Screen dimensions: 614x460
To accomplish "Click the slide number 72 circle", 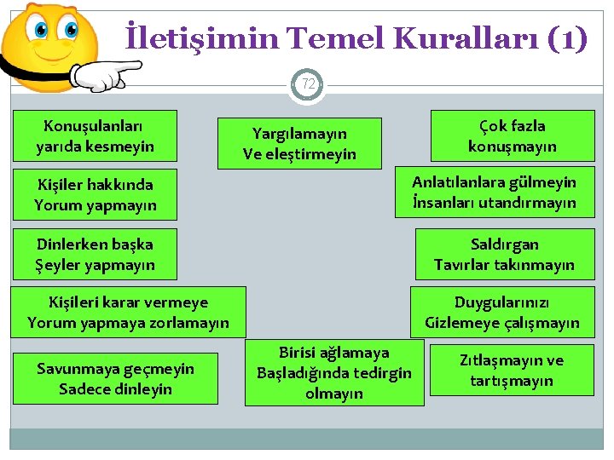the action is [308, 84].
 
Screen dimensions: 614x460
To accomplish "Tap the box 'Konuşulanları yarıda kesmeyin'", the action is [96, 136].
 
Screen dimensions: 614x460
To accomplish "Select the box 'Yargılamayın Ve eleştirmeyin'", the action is [300, 143].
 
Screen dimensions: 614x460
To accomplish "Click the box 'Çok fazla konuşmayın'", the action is [512, 135].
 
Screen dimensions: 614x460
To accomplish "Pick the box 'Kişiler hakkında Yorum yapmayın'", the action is [96, 194].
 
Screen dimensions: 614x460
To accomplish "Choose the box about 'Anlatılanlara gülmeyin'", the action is [494, 193].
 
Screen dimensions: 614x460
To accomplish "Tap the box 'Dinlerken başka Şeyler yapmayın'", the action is [96, 254].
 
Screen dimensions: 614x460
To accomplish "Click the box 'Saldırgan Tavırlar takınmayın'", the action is [504, 254].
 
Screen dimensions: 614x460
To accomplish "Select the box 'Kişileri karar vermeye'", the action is [128, 312].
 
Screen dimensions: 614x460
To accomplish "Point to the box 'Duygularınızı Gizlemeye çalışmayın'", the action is [502, 313].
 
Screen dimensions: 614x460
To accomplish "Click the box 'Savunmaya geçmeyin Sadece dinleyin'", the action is [115, 379].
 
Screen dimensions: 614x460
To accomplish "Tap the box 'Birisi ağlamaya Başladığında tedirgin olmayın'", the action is [334, 372].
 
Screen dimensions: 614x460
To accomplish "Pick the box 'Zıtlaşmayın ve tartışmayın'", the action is [512, 371].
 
